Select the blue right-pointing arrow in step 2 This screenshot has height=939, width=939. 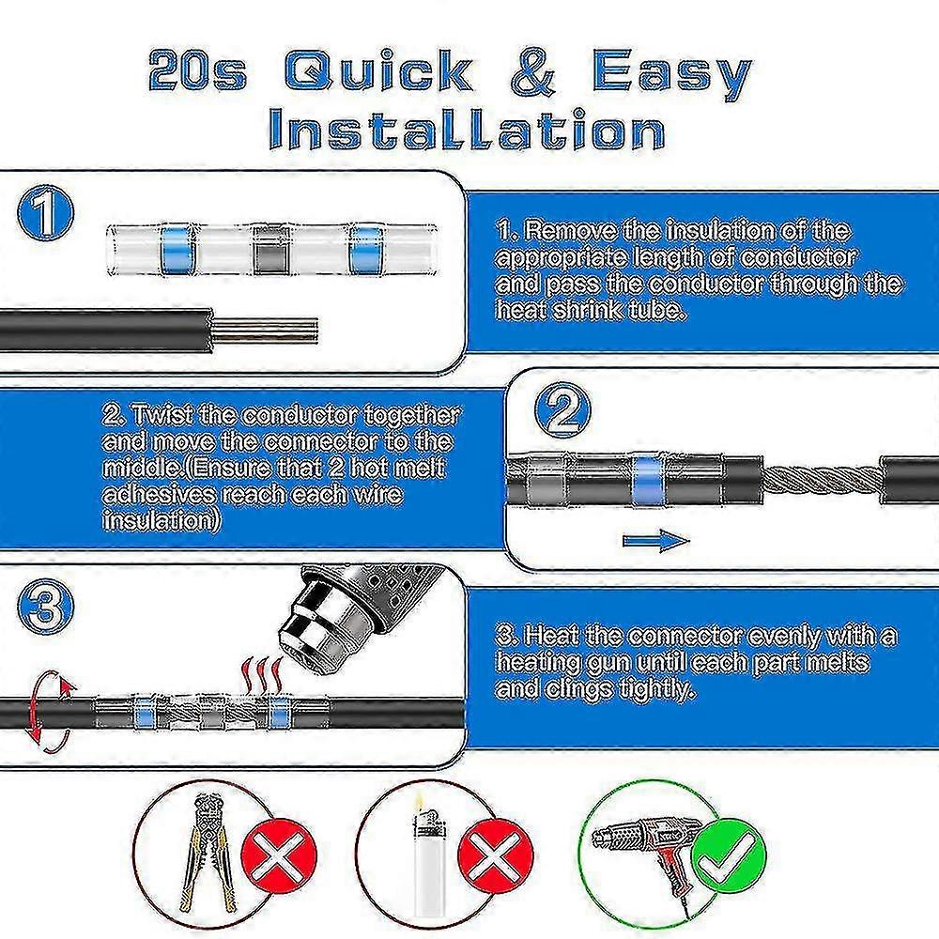[654, 541]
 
